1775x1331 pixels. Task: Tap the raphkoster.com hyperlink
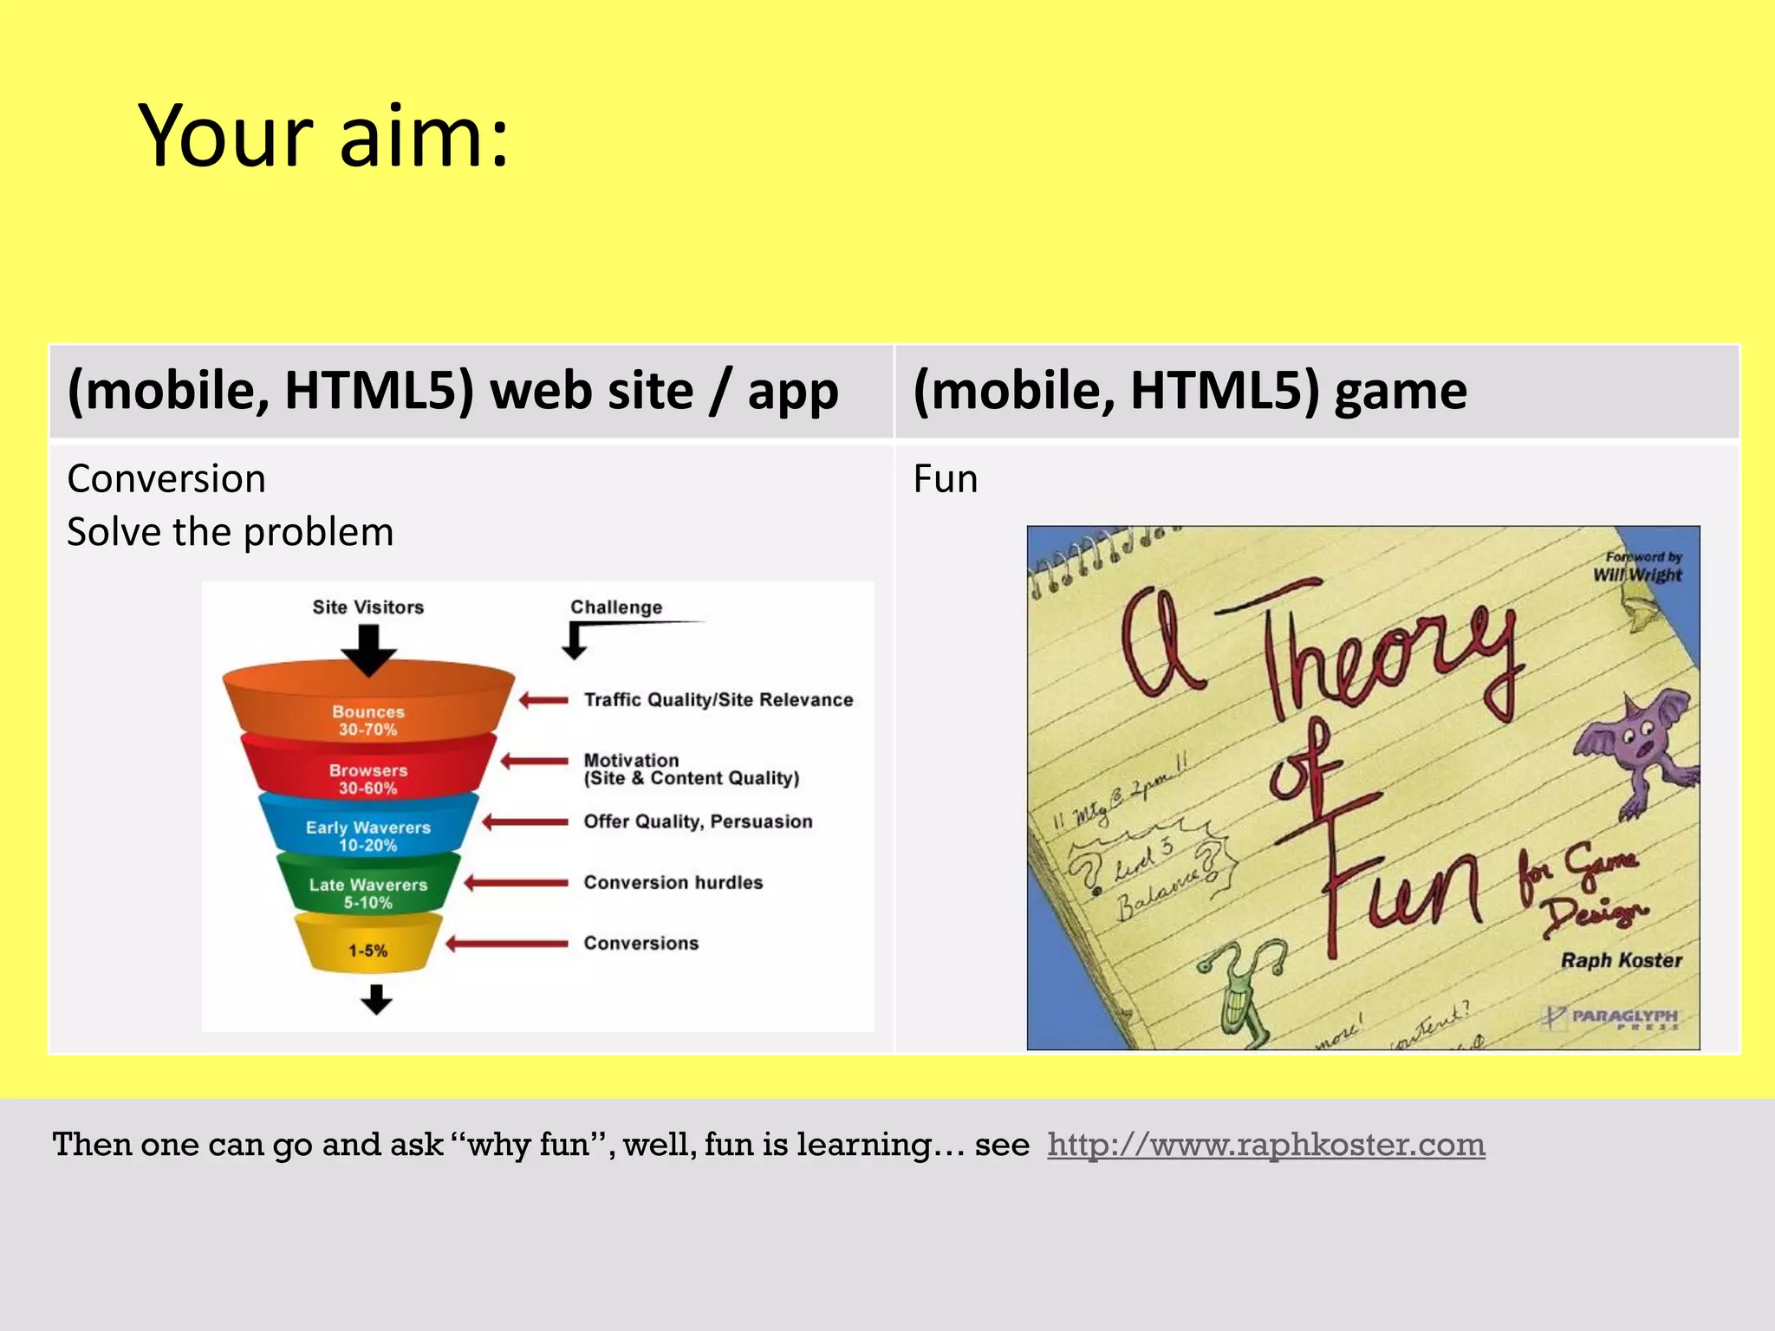pyautogui.click(x=1265, y=1145)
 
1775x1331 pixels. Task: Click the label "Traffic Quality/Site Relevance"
pyautogui.click(x=718, y=700)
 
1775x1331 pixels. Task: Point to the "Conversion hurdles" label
pyautogui.click(x=673, y=882)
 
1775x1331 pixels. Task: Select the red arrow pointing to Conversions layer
pyautogui.click(x=507, y=944)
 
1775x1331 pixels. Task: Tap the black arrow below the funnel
pyautogui.click(x=376, y=999)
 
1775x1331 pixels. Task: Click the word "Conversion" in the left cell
pyautogui.click(x=166, y=479)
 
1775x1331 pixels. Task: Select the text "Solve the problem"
pyautogui.click(x=231, y=532)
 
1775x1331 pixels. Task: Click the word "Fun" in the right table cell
pyautogui.click(x=945, y=479)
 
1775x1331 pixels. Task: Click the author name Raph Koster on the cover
pyautogui.click(x=1620, y=960)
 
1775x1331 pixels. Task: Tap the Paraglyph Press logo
pyautogui.click(x=1612, y=1017)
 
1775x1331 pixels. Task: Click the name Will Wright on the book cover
pyautogui.click(x=1636, y=575)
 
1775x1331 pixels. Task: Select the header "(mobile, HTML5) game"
pyautogui.click(x=1189, y=391)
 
